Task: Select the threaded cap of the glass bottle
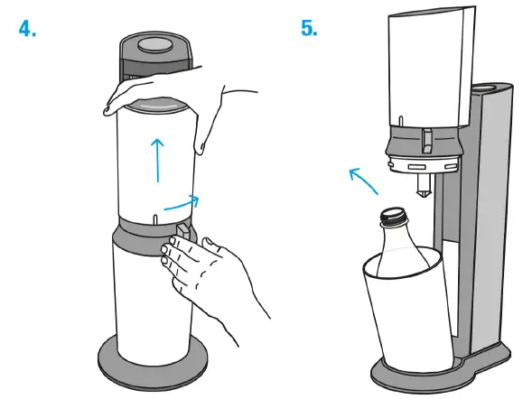click(x=393, y=218)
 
